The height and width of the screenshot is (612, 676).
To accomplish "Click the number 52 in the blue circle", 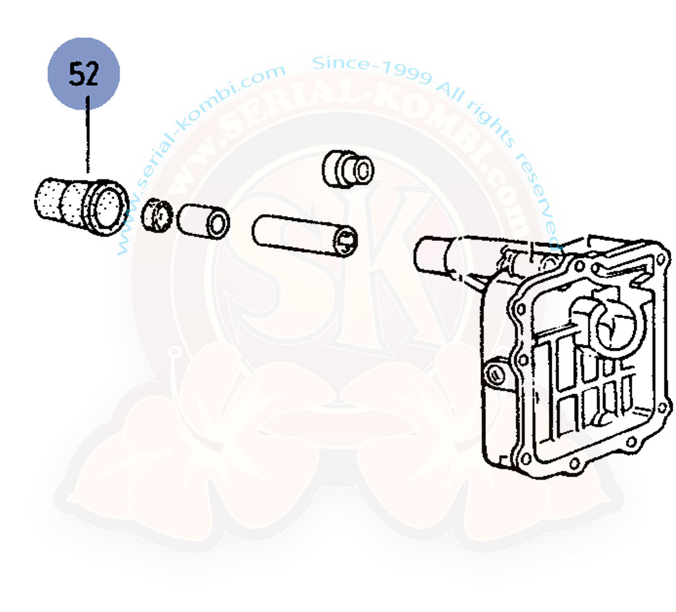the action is click(84, 74).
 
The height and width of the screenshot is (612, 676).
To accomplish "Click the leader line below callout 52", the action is click(88, 135).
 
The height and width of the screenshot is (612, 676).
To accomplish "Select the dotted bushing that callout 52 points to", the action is click(82, 206).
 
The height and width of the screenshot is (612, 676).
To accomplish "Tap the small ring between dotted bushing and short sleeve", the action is click(157, 215).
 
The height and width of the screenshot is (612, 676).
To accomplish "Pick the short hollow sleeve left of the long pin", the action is click(203, 222).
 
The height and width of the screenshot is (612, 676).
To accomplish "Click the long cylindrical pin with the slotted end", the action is click(304, 236).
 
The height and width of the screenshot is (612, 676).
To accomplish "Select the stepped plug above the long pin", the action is click(348, 169).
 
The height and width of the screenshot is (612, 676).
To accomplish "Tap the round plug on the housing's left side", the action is click(496, 375).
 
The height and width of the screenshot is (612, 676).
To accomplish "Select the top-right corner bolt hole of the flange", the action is click(660, 260).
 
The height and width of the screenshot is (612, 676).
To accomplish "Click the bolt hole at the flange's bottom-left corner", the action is click(526, 458).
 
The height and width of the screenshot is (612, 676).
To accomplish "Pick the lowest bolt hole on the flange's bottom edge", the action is click(574, 464).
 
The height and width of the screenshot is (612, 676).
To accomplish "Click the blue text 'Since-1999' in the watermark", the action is click(372, 69).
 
